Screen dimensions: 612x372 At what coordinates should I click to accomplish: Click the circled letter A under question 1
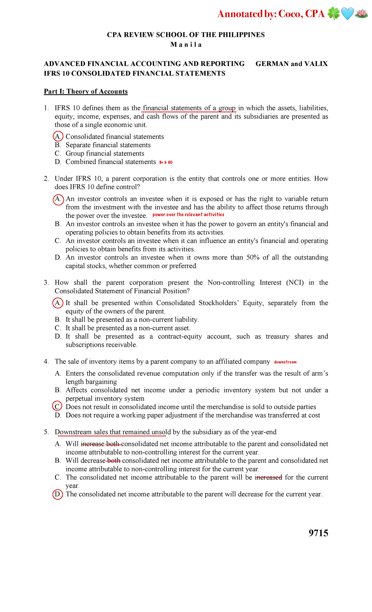coord(58,137)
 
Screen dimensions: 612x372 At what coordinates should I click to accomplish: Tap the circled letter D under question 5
coord(58,494)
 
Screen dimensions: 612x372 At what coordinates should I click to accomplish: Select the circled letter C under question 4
coord(57,407)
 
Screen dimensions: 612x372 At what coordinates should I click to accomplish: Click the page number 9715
coord(318,533)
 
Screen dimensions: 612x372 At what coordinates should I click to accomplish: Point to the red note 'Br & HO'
coord(166,162)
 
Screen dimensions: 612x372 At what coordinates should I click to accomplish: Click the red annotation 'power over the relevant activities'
coord(188,215)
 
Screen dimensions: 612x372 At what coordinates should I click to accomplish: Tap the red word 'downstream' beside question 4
coord(285,362)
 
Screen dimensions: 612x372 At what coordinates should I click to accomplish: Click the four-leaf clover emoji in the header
coord(334,14)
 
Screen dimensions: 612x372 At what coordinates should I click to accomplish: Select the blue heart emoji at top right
coord(347,14)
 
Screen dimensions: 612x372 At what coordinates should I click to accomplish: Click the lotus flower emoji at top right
coord(361,14)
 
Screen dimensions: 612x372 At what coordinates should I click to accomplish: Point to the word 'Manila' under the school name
coord(186,45)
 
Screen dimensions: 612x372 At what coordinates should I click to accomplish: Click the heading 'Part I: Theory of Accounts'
coord(86,91)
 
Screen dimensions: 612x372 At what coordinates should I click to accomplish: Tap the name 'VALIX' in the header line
coord(316,64)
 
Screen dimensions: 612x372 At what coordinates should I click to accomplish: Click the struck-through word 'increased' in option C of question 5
coord(268,477)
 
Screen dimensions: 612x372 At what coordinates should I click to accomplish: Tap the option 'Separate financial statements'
coord(108,145)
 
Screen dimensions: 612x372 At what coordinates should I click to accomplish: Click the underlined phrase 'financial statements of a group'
coord(189,108)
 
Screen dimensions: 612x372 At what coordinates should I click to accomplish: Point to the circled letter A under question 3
coord(58,303)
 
